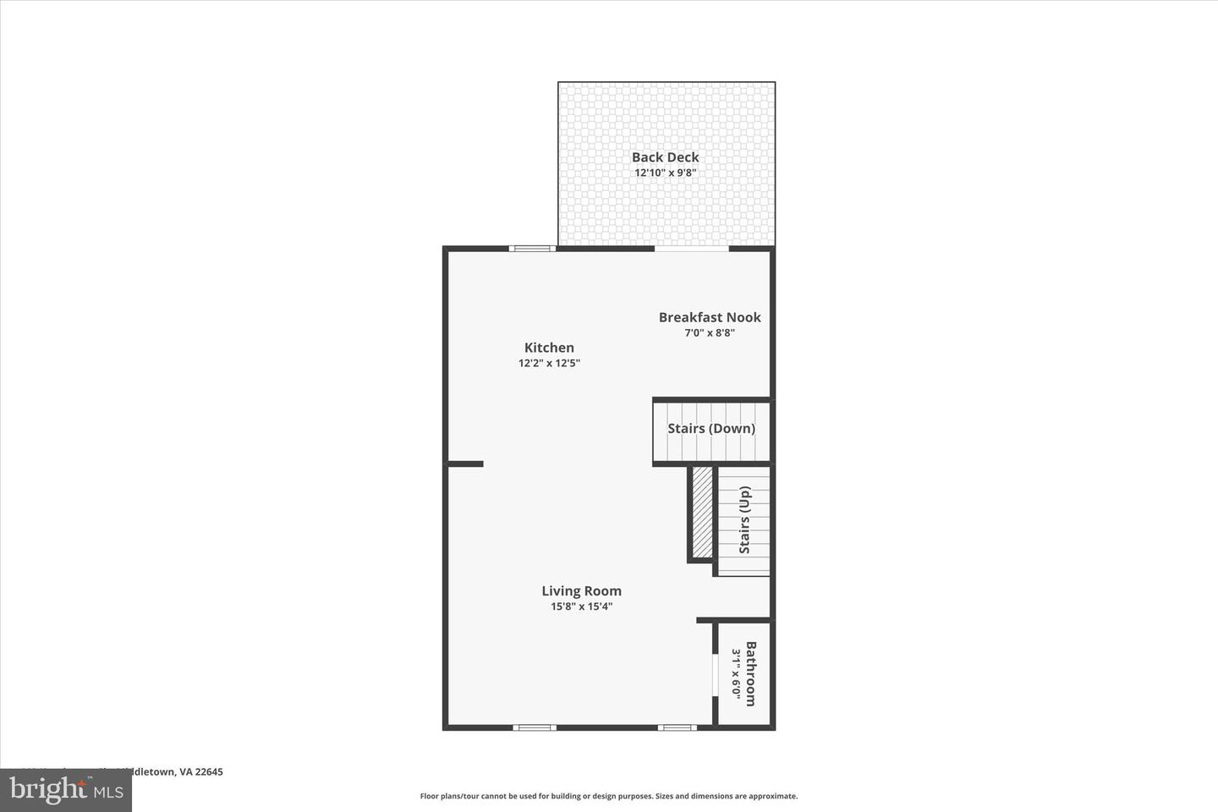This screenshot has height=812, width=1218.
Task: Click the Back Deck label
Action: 665,157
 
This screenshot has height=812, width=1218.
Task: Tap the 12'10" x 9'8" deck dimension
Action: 665,173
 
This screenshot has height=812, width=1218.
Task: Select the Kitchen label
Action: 549,348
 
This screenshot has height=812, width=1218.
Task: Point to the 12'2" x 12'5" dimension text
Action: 549,364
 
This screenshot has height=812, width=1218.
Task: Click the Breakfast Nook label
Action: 710,317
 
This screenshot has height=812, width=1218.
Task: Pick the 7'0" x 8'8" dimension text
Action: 710,333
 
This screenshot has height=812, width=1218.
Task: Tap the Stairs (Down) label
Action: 711,428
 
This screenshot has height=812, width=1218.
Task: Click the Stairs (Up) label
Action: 745,520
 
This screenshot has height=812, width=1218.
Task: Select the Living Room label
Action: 581,591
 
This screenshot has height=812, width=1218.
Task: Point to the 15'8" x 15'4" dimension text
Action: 581,606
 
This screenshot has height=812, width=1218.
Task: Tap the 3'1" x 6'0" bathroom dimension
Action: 736,673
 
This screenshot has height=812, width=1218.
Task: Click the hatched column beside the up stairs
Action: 702,512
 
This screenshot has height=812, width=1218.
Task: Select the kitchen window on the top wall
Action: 532,249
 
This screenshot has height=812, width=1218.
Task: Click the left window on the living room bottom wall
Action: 535,727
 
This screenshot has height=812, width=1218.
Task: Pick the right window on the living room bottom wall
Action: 678,727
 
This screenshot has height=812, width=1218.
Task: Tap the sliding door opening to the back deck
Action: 691,249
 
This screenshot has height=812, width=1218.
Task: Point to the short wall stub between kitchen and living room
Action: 465,464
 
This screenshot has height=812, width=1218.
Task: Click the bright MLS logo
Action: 65,790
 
